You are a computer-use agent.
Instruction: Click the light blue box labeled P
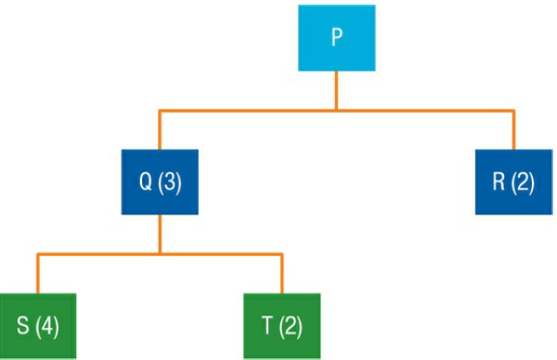pyautogui.click(x=336, y=37)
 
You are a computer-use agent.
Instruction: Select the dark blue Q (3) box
pyautogui.click(x=160, y=181)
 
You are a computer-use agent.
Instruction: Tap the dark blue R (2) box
pyautogui.click(x=513, y=181)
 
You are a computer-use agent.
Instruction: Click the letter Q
pyautogui.click(x=146, y=182)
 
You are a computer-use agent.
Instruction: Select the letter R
pyautogui.click(x=499, y=182)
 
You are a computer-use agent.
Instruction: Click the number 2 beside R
pyautogui.click(x=523, y=182)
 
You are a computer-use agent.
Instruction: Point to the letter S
pyautogui.click(x=22, y=326)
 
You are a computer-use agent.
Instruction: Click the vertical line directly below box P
pyautogui.click(x=336, y=91)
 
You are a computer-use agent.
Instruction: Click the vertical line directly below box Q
pyautogui.click(x=160, y=233)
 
